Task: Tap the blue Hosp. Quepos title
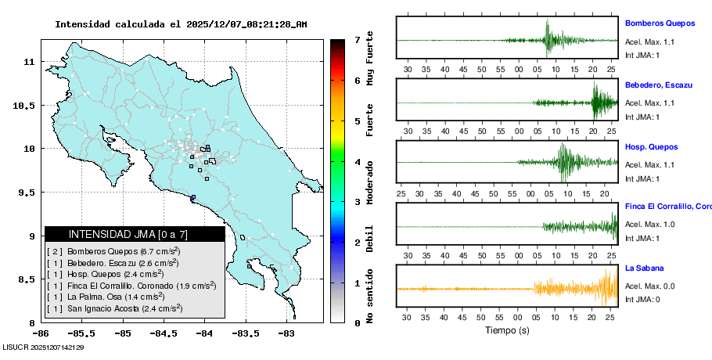tap(651, 146)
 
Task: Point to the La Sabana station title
tap(644, 268)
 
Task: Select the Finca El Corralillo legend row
tap(131, 286)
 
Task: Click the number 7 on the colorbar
tap(357, 39)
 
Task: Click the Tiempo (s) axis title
tap(506, 330)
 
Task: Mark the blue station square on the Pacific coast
tap(192, 197)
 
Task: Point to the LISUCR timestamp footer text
tap(44, 347)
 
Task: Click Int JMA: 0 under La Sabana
tap(642, 299)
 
